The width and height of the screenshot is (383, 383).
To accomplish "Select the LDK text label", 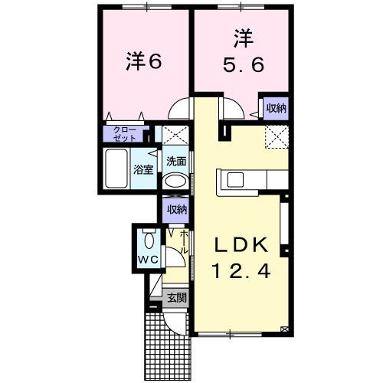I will [239, 246].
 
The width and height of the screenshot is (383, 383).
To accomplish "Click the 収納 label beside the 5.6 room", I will [277, 108].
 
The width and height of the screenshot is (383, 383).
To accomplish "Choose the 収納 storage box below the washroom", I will [178, 208].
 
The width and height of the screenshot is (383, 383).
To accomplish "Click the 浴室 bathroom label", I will [144, 169].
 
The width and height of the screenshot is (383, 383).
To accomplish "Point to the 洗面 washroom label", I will [177, 161].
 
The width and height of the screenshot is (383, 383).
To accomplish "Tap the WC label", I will [147, 260].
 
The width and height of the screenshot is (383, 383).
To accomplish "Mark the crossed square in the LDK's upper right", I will [276, 136].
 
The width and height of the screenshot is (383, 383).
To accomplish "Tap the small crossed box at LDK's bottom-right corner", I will [285, 329].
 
